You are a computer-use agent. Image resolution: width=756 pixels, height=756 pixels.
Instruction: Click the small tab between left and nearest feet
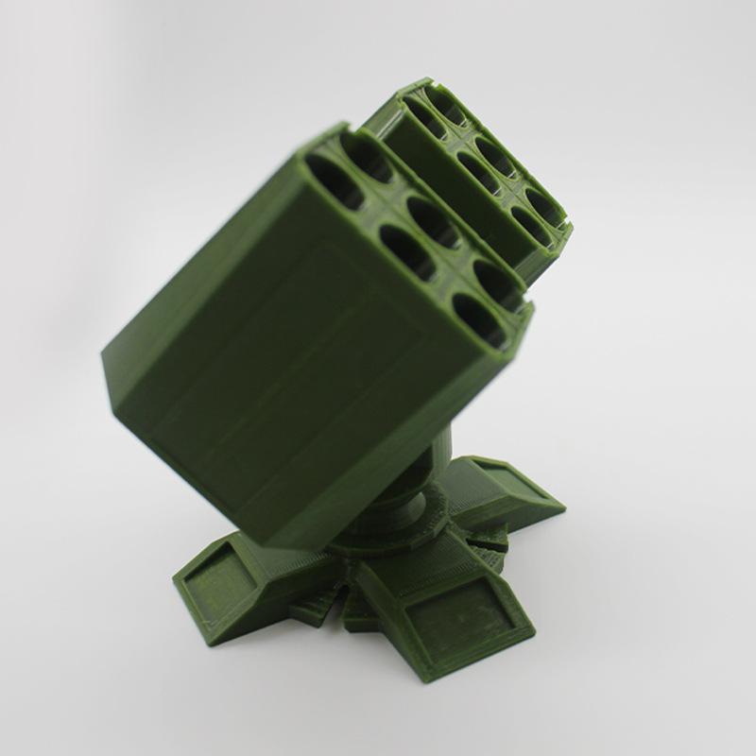click(x=317, y=605)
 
